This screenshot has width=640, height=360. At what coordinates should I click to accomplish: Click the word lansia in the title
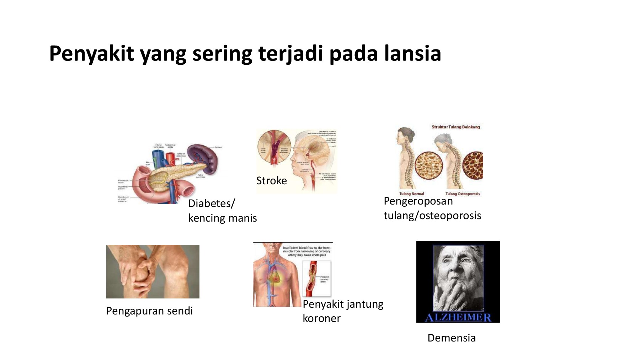click(x=412, y=53)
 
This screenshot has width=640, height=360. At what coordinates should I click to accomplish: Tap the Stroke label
click(x=271, y=181)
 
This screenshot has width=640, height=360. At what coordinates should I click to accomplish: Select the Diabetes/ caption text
click(x=212, y=203)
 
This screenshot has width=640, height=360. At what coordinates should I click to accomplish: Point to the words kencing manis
click(x=222, y=218)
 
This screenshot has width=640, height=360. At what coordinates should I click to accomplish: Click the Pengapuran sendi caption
click(x=149, y=311)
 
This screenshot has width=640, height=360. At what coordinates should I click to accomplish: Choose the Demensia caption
click(x=451, y=338)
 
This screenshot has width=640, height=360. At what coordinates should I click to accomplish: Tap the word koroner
click(x=321, y=318)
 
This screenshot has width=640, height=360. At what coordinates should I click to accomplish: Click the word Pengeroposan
click(x=418, y=201)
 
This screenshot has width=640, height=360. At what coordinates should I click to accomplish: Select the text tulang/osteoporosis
click(x=432, y=216)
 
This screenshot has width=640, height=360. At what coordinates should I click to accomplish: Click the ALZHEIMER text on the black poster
click(x=458, y=317)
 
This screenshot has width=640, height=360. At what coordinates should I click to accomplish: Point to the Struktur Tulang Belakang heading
click(x=455, y=127)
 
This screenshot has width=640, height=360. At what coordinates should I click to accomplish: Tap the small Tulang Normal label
click(x=411, y=194)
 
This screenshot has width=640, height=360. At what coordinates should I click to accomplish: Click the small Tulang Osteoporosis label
click(x=462, y=194)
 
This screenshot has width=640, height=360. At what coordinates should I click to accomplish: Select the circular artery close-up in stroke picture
click(x=274, y=147)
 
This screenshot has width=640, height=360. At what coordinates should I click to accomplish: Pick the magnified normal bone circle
click(x=428, y=166)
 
